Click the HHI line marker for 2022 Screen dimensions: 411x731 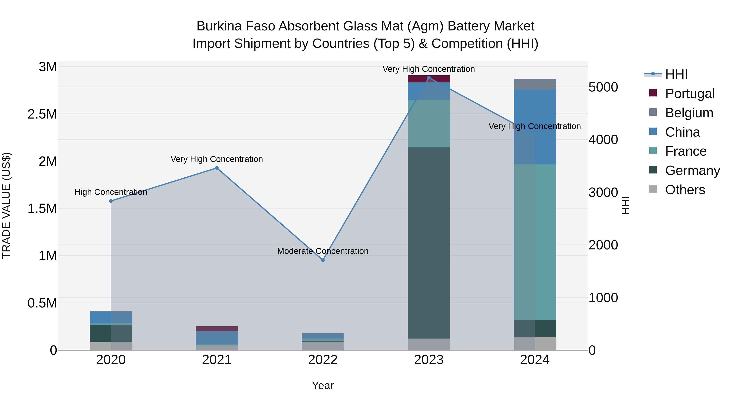pyautogui.click(x=323, y=260)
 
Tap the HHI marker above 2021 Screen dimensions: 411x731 pyautogui.click(x=217, y=168)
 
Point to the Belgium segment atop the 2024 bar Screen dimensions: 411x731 pyautogui.click(x=535, y=84)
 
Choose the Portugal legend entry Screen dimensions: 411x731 pyautogui.click(x=690, y=93)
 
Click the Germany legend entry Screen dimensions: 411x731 pyautogui.click(x=692, y=170)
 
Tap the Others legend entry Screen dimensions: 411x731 pyautogui.click(x=685, y=190)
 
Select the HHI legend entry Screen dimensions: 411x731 pyautogui.click(x=676, y=74)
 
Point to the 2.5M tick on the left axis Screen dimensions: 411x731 pyautogui.click(x=42, y=114)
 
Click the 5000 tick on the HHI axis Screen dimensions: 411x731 pyautogui.click(x=603, y=87)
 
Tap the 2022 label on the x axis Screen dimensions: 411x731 pyautogui.click(x=323, y=360)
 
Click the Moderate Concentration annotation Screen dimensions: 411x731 pyautogui.click(x=323, y=251)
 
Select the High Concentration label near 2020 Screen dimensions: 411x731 pyautogui.click(x=111, y=192)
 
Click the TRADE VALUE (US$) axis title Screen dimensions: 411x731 pyautogui.click(x=6, y=205)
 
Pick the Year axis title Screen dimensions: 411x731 pyautogui.click(x=323, y=385)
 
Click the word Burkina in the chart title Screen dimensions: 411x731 pyautogui.click(x=219, y=26)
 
